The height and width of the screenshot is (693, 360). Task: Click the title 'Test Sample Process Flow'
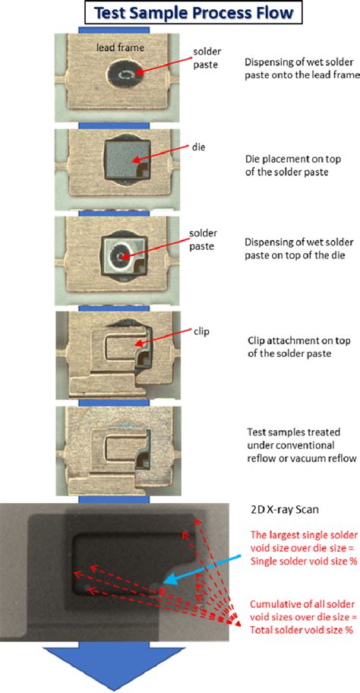coord(180,12)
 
